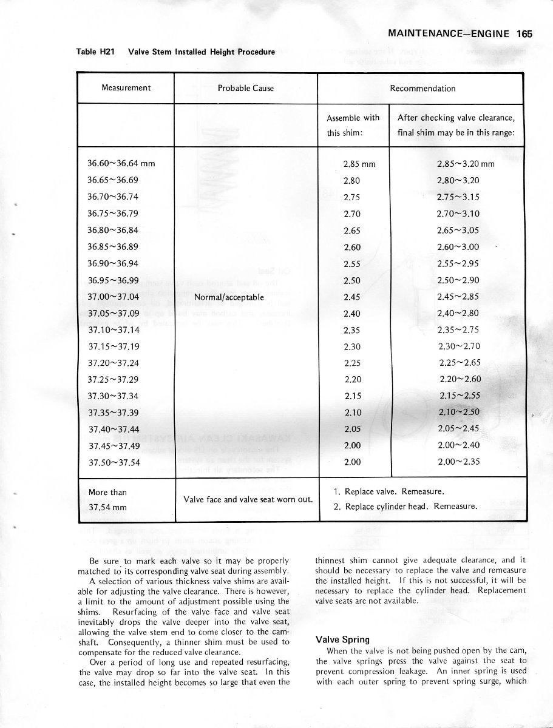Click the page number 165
[524, 34]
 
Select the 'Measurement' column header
[126, 88]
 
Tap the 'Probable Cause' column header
[246, 88]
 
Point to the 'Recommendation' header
[422, 88]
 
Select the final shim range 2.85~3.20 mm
[466, 164]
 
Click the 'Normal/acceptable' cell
[228, 297]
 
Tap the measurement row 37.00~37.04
[114, 297]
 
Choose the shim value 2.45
[352, 297]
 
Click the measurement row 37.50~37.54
[114, 462]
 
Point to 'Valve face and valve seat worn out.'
[248, 499]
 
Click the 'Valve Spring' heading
[343, 639]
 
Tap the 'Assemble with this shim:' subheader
[353, 125]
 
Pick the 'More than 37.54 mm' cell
[108, 499]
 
